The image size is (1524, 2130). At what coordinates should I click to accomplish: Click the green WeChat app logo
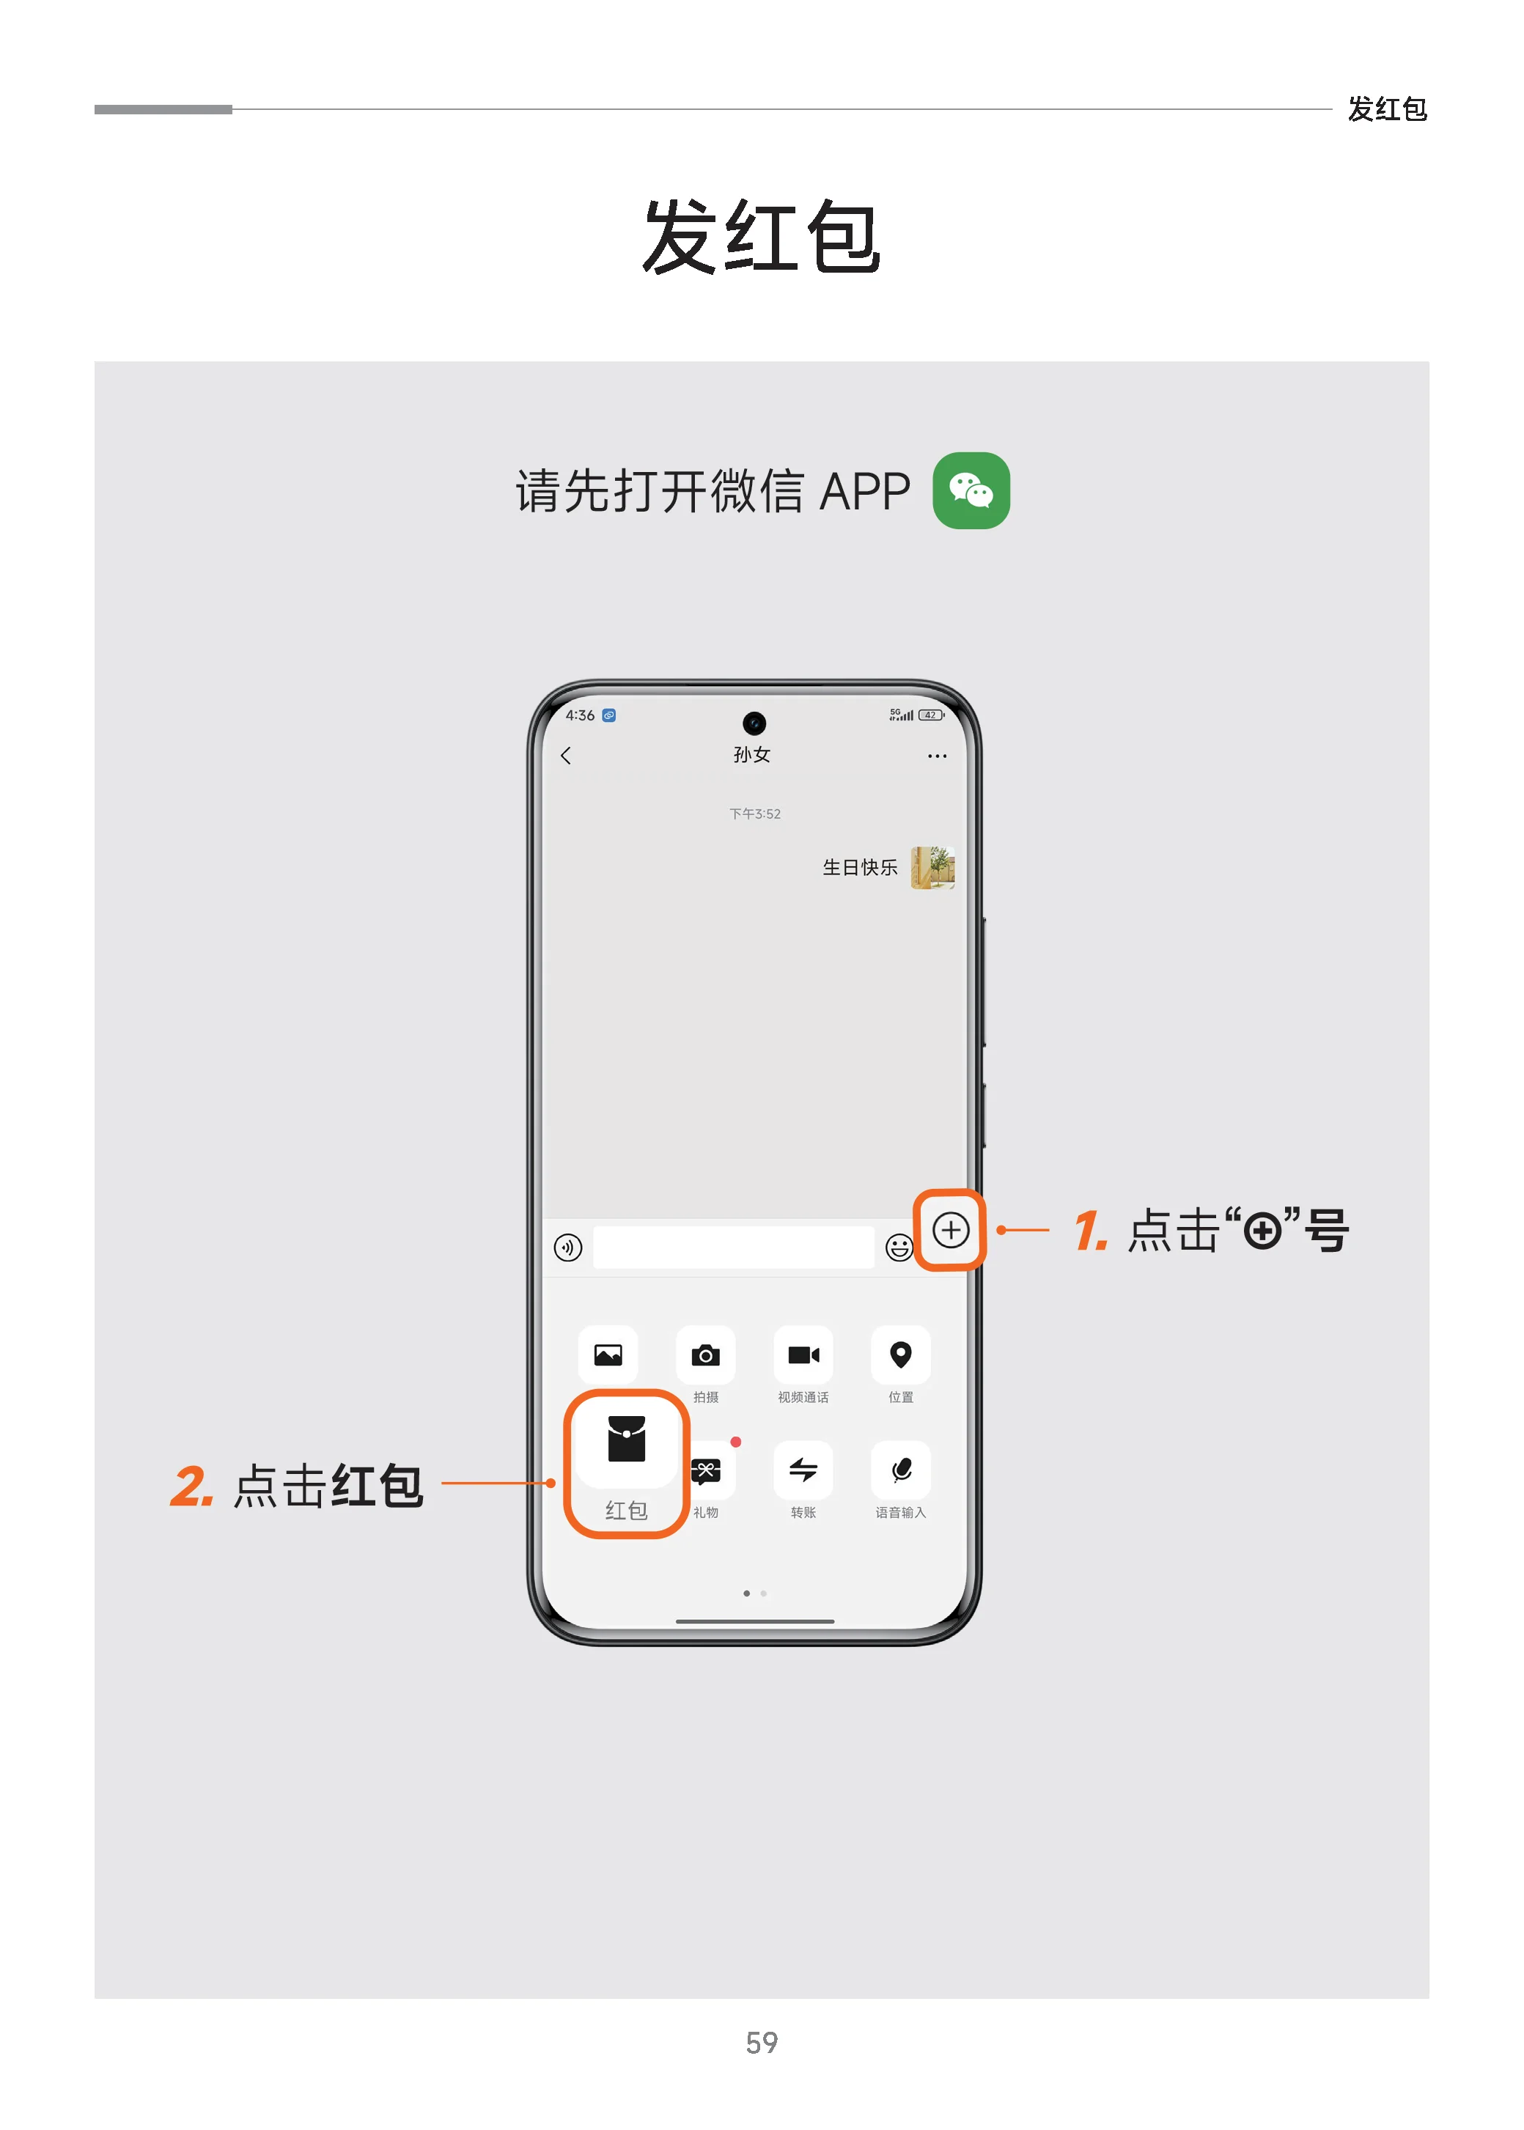[971, 491]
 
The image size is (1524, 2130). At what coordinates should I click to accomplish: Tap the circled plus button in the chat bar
[950, 1229]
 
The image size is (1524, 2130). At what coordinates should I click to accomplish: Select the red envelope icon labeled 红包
[626, 1440]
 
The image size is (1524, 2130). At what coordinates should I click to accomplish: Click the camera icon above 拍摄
[706, 1355]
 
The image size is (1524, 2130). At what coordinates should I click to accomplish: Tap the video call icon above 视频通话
[803, 1355]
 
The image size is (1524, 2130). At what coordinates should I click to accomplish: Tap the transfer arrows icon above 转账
[803, 1470]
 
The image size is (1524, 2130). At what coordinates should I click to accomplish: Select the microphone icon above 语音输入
[901, 1470]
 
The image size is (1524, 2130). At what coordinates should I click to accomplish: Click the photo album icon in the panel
[608, 1355]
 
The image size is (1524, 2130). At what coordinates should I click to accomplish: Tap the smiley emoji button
[899, 1247]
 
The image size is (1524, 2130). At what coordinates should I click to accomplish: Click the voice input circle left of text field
[568, 1247]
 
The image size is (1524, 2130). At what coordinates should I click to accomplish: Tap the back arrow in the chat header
[566, 756]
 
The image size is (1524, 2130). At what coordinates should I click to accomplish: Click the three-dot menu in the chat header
[937, 756]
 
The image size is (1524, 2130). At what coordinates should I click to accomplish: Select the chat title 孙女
[751, 754]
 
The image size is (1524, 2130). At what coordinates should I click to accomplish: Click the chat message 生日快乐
[860, 867]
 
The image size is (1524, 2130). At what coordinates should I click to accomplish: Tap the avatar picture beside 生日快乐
[932, 867]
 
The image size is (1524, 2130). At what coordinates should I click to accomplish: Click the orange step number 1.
[1091, 1230]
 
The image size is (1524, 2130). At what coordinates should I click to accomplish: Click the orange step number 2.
[191, 1486]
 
